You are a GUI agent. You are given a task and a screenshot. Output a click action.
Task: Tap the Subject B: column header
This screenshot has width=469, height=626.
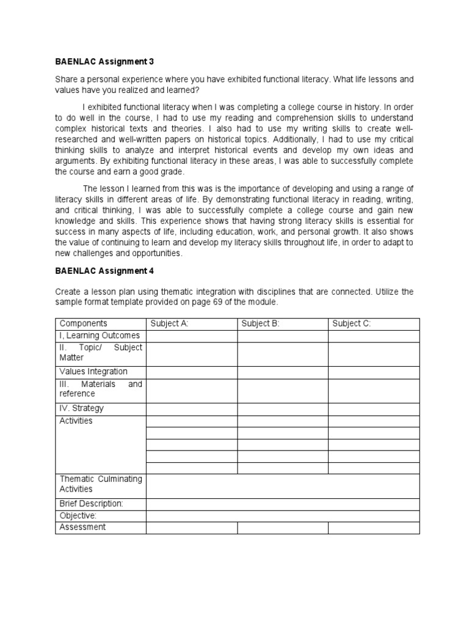(260, 323)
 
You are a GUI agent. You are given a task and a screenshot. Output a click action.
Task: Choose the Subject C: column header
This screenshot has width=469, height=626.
(351, 323)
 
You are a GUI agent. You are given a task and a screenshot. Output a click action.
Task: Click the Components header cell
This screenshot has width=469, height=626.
(83, 323)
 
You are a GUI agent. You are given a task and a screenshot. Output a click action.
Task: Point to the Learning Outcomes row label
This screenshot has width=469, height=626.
(100, 336)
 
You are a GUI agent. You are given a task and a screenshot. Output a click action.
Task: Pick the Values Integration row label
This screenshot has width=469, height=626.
(93, 372)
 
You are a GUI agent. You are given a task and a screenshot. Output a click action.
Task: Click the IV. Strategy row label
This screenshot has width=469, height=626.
(81, 408)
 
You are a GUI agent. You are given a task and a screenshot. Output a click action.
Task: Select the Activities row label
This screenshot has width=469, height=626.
(76, 421)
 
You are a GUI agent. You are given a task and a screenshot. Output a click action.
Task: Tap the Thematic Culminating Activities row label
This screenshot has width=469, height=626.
(100, 484)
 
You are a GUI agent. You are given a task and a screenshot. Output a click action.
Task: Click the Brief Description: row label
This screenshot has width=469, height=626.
(91, 504)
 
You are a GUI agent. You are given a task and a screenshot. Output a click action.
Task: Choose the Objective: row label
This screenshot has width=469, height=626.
(78, 516)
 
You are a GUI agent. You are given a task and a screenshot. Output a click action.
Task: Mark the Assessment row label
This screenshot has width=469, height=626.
(82, 527)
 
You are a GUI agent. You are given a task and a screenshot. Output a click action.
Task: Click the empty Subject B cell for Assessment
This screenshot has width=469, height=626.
(283, 528)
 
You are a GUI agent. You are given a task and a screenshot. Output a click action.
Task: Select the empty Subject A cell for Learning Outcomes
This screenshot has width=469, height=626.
(192, 336)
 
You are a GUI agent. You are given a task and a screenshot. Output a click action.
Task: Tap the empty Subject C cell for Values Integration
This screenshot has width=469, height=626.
(374, 372)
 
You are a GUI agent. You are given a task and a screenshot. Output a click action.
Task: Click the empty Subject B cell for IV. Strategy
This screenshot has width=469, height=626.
(283, 409)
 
